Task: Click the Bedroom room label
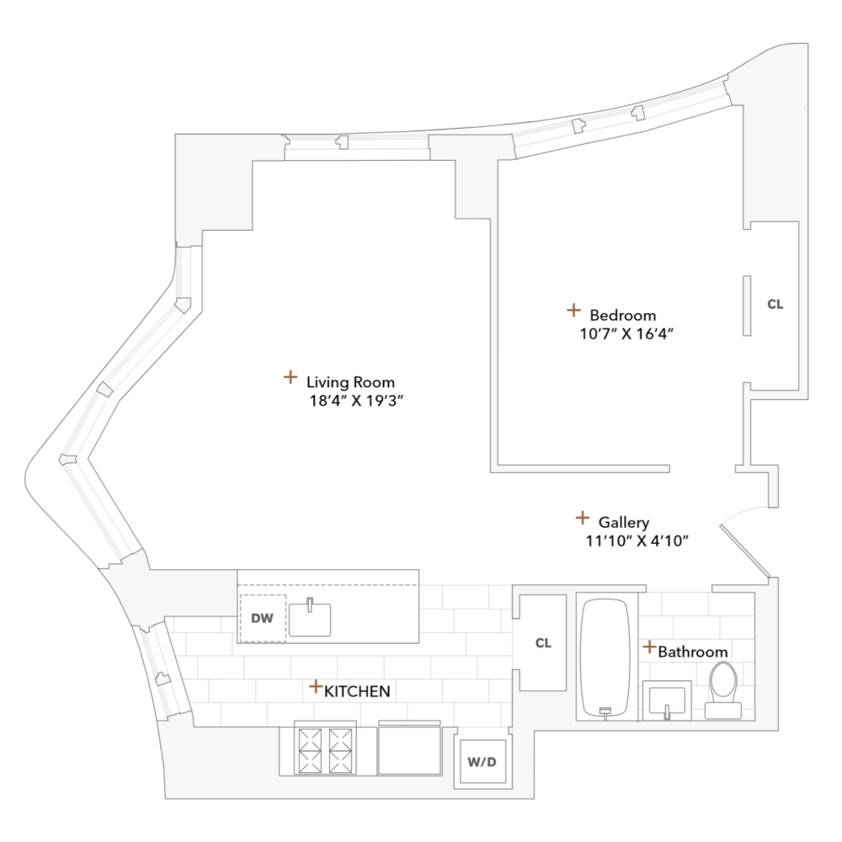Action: point(622,315)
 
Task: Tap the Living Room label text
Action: point(350,381)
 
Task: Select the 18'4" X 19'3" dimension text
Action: point(359,401)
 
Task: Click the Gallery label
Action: point(624,522)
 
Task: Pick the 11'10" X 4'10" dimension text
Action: point(637,541)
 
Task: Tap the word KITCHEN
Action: point(357,691)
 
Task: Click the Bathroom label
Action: point(693,652)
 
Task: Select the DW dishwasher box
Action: point(263,618)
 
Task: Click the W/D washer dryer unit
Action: point(482,763)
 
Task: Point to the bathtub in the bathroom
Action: point(605,657)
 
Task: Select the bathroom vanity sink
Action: point(667,700)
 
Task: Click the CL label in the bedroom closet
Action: point(775,305)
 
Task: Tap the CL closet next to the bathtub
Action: point(543,643)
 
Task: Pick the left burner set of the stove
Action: point(307,749)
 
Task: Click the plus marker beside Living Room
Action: point(290,376)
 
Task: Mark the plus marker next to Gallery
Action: point(582,518)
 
